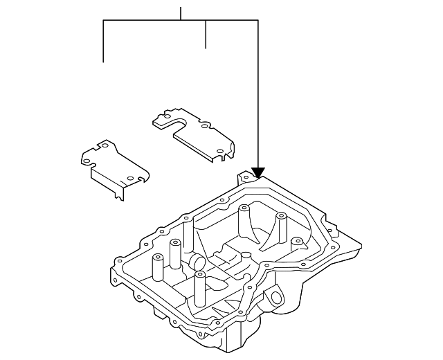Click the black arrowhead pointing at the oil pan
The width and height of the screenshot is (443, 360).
tap(258, 172)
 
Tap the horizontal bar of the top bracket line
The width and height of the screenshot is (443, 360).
tap(180, 21)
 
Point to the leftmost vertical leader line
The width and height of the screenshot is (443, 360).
tap(103, 42)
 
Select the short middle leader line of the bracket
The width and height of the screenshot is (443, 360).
tap(206, 35)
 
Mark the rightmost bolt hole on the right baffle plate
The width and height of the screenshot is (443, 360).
tap(219, 151)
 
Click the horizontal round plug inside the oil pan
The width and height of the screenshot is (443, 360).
tap(195, 262)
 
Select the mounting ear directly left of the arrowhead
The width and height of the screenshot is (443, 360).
tap(244, 179)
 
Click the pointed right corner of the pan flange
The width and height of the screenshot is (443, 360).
tap(360, 244)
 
